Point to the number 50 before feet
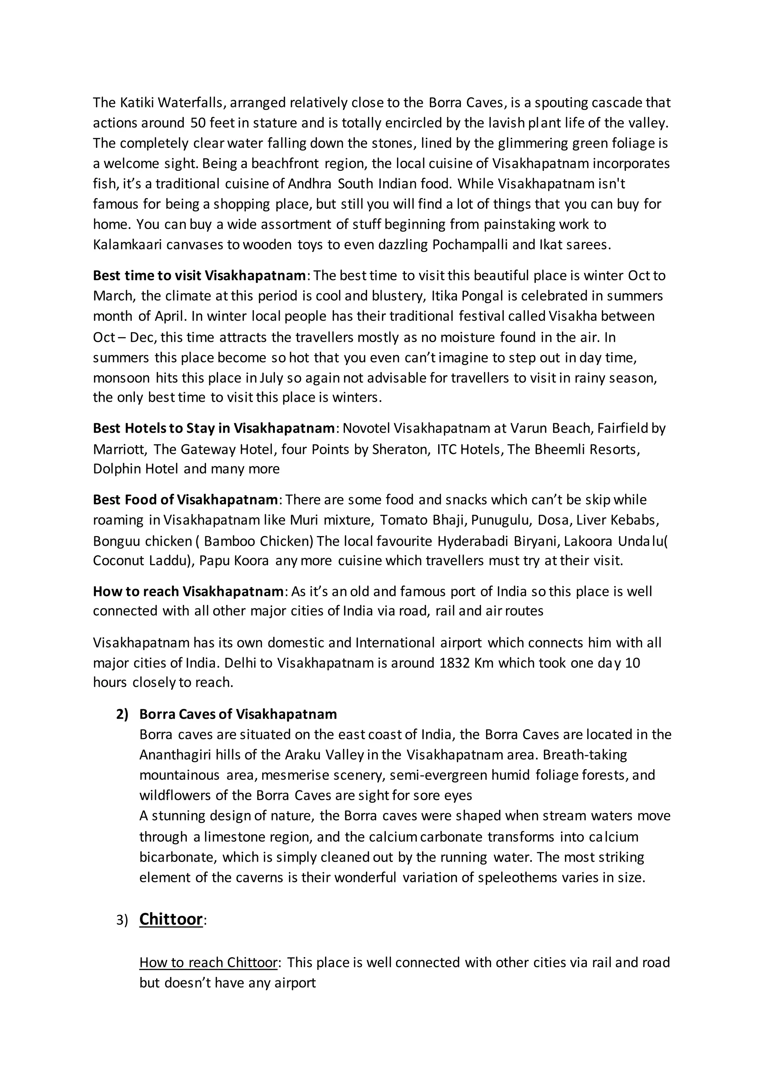197,123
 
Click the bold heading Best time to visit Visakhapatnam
200,275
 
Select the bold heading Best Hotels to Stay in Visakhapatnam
214,428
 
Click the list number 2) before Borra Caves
122,714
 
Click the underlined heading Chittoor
171,919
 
